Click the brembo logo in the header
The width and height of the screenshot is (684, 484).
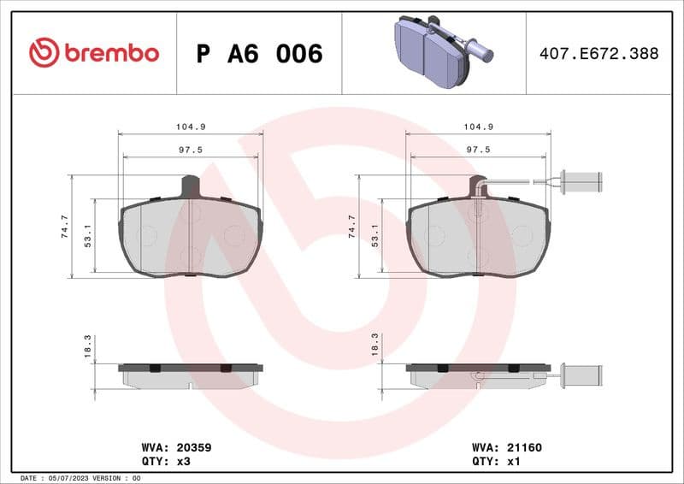click(94, 53)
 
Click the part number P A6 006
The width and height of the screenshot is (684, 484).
click(259, 54)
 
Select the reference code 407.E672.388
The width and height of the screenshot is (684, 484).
click(598, 54)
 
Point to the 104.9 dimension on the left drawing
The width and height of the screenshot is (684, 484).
click(191, 127)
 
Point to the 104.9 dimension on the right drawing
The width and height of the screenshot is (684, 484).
click(478, 127)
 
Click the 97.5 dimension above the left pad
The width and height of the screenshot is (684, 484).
click(191, 150)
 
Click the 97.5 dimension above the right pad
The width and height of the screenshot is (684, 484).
click(478, 150)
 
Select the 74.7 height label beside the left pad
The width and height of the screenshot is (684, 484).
click(64, 227)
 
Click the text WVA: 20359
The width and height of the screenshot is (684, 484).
click(176, 447)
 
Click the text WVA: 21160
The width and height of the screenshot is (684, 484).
click(507, 447)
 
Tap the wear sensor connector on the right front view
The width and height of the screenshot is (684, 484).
click(585, 181)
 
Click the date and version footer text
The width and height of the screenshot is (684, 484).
click(80, 478)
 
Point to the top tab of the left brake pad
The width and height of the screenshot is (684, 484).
click(191, 185)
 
